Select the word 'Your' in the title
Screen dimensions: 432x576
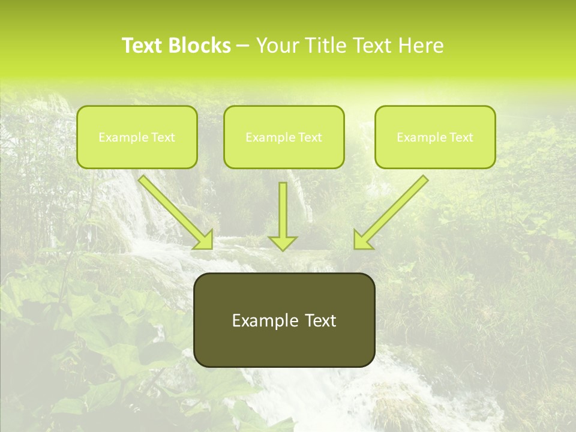click(x=278, y=46)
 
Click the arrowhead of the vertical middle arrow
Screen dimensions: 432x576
click(x=283, y=242)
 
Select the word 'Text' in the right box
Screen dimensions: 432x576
click(x=461, y=137)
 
